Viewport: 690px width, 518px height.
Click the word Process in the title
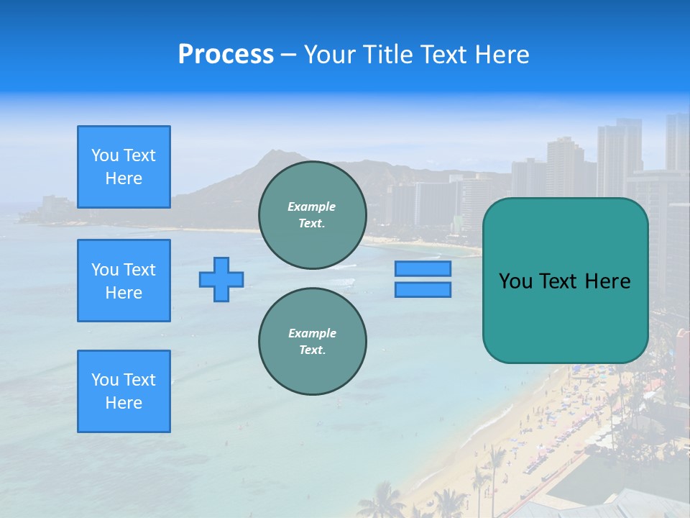pos(226,54)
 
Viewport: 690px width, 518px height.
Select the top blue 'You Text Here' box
pos(124,167)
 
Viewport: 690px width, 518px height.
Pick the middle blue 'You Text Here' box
pos(124,281)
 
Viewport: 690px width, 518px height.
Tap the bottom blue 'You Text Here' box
pos(124,391)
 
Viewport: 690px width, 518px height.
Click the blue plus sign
pos(221,279)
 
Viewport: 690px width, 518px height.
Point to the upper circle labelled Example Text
pos(313,215)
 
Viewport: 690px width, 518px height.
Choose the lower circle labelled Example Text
pos(313,342)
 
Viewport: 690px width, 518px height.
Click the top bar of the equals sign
pos(423,269)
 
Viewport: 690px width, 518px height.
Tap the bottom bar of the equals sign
pos(423,290)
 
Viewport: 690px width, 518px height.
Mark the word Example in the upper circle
pos(312,206)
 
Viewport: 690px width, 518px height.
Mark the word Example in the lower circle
pos(312,333)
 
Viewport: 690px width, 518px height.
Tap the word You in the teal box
pos(516,281)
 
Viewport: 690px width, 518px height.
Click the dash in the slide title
pos(289,55)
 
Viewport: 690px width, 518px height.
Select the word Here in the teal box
pos(607,281)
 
